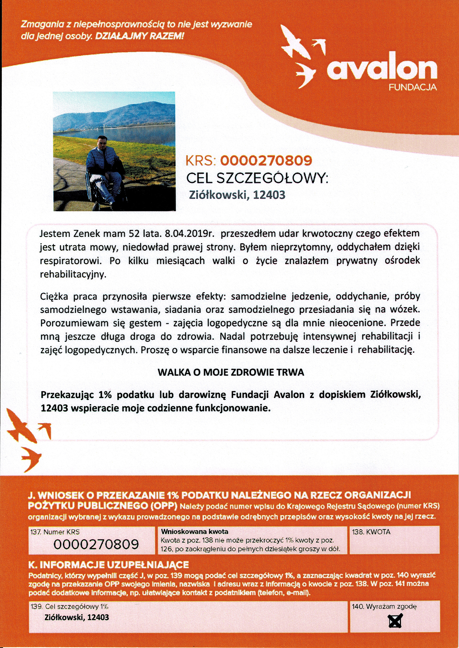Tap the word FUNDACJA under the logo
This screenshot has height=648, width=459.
412,87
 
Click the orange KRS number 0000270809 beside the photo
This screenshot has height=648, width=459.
266,161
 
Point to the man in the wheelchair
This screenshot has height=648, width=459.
105,169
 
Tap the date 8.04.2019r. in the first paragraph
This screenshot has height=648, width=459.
189,234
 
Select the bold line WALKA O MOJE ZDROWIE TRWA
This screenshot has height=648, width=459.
231,372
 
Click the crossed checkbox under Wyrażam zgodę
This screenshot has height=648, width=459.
395,621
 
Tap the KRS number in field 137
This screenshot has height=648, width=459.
96,544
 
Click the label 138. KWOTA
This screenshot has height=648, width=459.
371,532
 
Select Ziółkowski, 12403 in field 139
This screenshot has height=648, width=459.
76,617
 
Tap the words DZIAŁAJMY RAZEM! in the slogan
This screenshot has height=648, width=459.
140,36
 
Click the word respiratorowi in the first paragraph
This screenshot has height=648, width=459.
71,261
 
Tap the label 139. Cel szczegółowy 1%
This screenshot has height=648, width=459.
69,606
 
